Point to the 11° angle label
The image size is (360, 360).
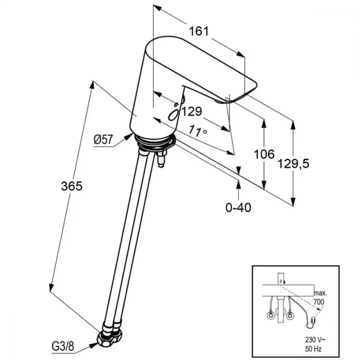point(198,131)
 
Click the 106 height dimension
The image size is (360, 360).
point(264,154)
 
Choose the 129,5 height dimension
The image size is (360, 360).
point(293,163)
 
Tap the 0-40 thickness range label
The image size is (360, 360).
point(238,208)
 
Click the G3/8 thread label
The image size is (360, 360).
point(63,346)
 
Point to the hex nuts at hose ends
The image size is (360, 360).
point(110,334)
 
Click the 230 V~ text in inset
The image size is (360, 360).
point(313,339)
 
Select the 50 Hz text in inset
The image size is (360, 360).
point(313,349)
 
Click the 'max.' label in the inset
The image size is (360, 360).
point(320,293)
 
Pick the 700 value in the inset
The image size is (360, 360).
point(319,301)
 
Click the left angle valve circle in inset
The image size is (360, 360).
point(271,316)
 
